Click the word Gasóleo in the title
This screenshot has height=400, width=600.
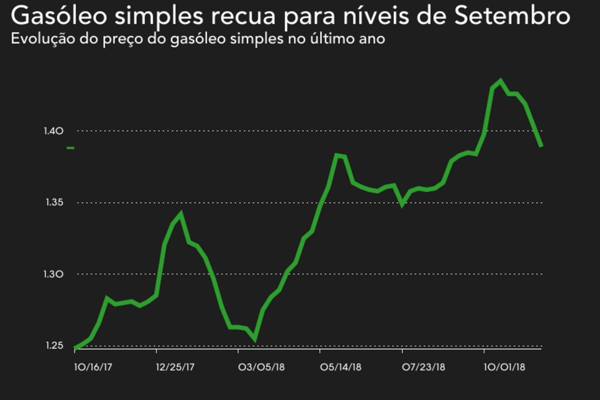click(59, 16)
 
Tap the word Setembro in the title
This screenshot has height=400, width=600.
click(512, 16)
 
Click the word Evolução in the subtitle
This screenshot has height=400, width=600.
click(43, 39)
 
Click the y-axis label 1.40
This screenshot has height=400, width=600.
click(54, 131)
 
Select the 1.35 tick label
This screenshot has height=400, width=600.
click(54, 202)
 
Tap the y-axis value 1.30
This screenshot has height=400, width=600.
click(54, 274)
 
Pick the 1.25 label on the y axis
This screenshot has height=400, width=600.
click(54, 346)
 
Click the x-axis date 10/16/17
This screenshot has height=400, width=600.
click(93, 367)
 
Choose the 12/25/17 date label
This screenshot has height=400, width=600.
click(175, 367)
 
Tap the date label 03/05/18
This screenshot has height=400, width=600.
click(261, 367)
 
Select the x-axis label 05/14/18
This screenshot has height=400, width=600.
click(340, 367)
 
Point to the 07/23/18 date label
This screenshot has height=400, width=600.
click(423, 367)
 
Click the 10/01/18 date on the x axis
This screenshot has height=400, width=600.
click(504, 367)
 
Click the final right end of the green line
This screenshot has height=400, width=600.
click(541, 146)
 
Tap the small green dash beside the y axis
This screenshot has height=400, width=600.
click(70, 148)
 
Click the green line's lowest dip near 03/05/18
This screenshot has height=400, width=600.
click(254, 340)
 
